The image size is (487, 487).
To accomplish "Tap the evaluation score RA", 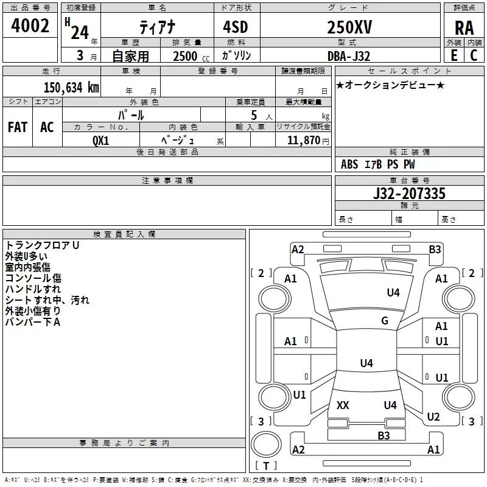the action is coord(464,27).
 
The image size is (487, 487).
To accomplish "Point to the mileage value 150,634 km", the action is coord(71,87).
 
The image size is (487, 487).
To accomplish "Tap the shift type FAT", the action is coord(18,127).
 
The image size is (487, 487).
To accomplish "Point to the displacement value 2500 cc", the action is coord(187,56).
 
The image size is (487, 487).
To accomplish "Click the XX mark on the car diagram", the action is coord(343,405).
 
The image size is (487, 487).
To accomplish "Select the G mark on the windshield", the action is coord(384,321).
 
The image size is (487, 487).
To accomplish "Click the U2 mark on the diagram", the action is coord(433,417).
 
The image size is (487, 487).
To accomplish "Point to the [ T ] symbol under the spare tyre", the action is coord(265,466).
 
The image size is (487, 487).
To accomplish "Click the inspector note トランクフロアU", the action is coord(43,245).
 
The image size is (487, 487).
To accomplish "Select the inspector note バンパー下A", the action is coord(33,322).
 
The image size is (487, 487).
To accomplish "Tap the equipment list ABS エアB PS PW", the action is coord(377,164).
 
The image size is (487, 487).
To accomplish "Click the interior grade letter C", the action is coord(474,55).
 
